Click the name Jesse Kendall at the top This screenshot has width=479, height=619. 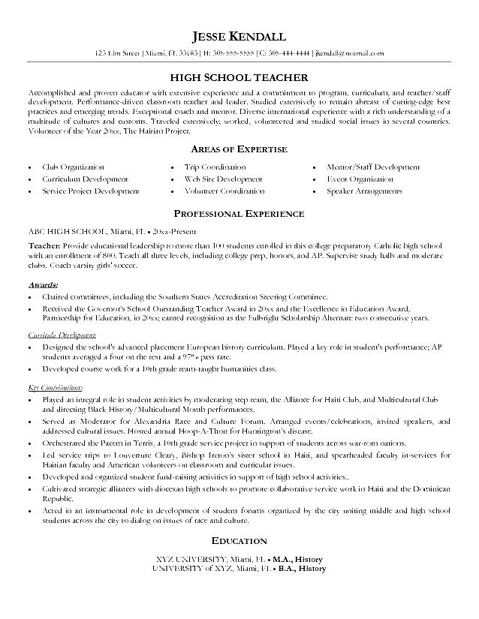pos(239,37)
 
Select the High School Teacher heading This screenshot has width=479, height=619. pos(239,77)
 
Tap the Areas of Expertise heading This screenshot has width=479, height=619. pos(239,149)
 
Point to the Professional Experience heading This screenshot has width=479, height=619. pos(239,214)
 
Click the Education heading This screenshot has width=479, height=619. pos(239,540)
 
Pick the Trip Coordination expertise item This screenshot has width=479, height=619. pos(215,167)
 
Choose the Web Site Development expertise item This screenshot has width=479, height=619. pos(223,179)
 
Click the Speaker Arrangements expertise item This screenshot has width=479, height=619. pos(364,191)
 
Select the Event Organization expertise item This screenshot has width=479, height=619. pos(359,179)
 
